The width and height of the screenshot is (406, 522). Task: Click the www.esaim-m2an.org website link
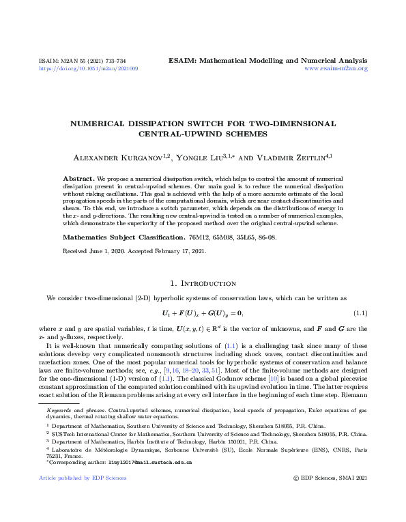tap(336, 69)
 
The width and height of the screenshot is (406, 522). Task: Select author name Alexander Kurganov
tap(114, 156)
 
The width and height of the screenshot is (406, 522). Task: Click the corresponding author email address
tap(153, 463)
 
